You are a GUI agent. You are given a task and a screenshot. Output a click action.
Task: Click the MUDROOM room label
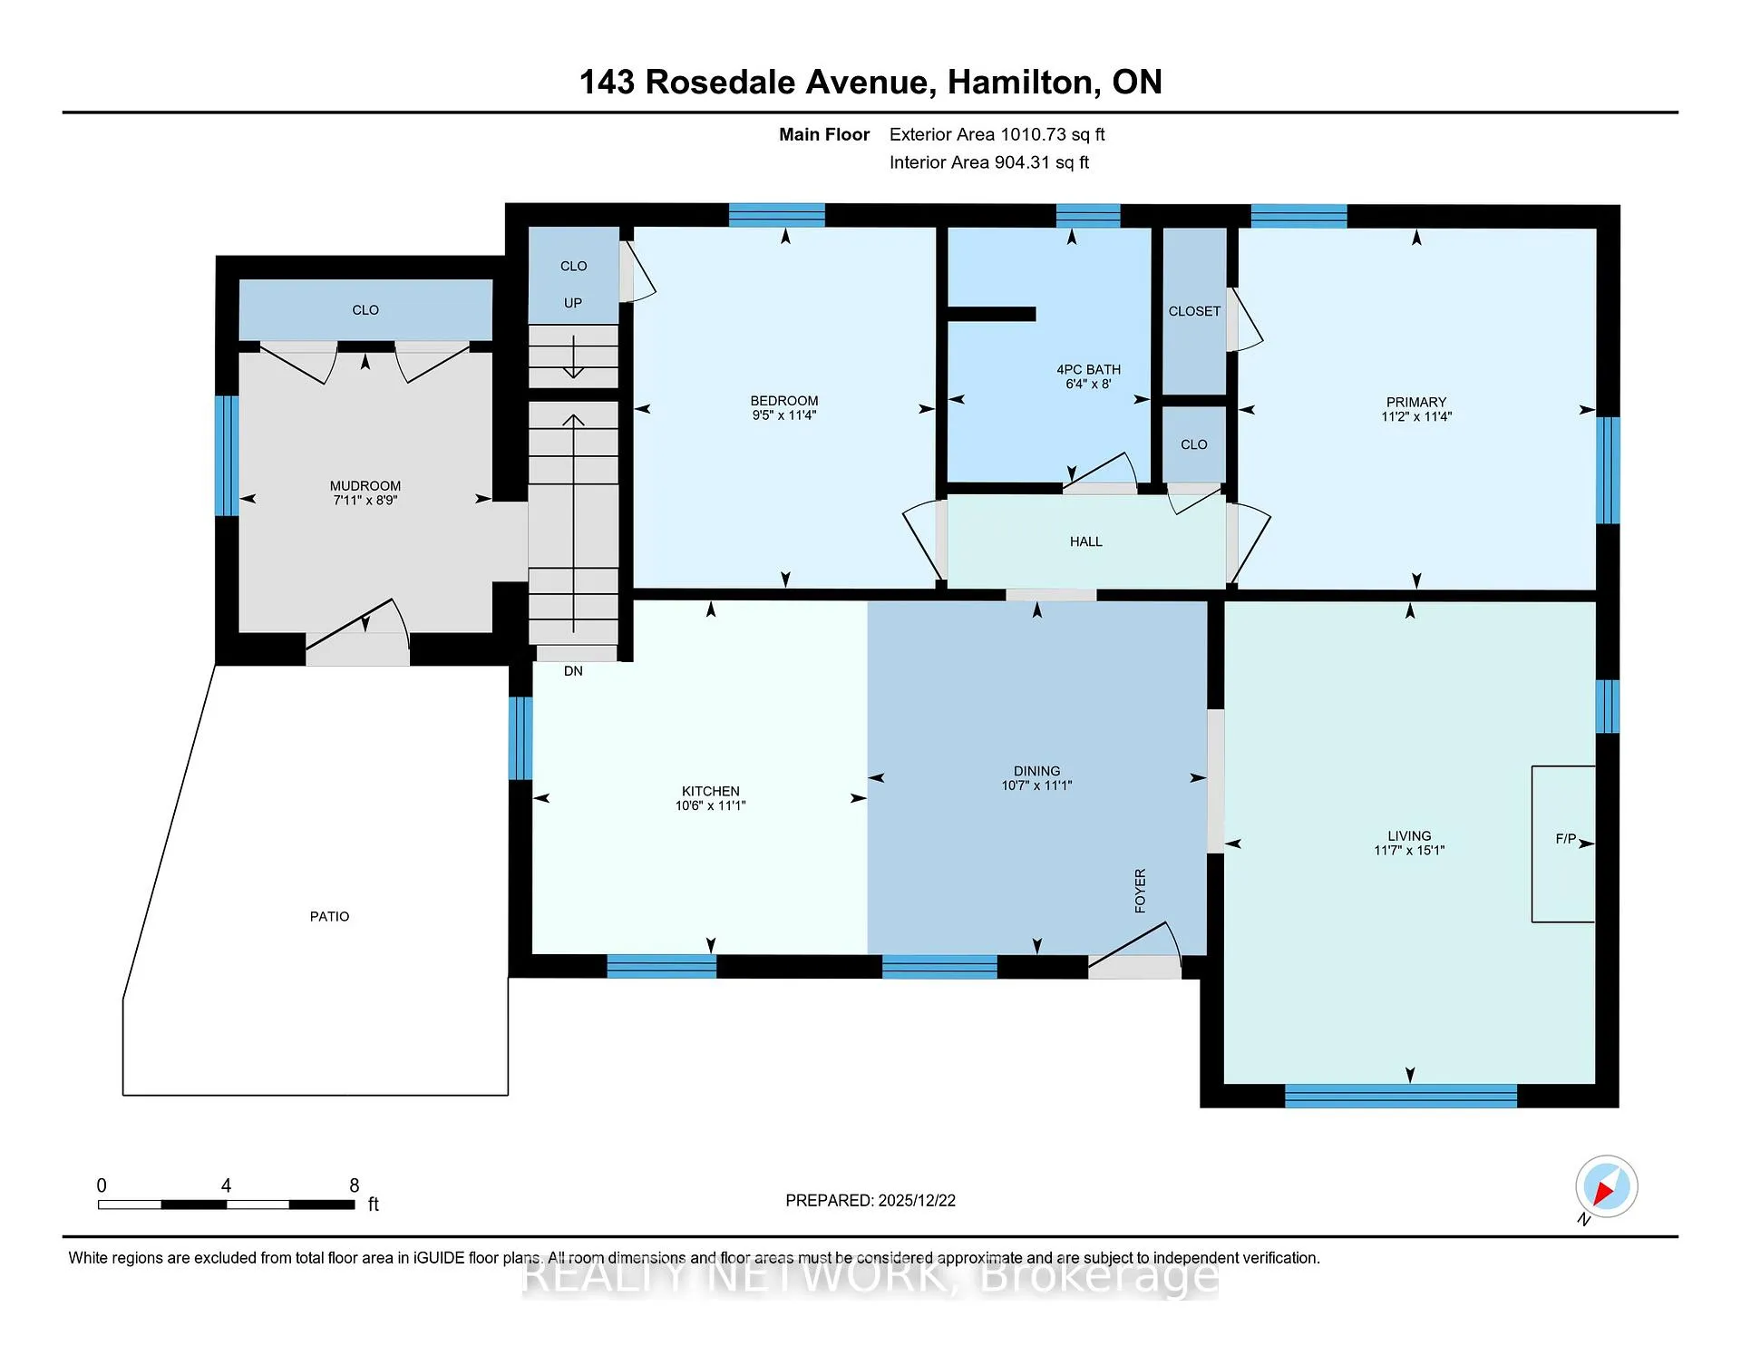click(365, 486)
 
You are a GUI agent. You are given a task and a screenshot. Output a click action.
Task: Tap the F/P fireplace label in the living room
click(1566, 839)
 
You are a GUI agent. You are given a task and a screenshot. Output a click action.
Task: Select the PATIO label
click(329, 917)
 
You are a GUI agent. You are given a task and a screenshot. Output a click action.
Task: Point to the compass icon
click(1606, 1186)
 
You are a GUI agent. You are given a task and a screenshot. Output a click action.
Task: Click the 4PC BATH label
click(1088, 370)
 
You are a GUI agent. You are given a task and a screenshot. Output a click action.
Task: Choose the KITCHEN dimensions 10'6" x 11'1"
click(710, 805)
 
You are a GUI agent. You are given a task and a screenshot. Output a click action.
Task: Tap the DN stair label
click(573, 671)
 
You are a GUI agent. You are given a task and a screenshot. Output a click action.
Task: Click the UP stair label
click(573, 303)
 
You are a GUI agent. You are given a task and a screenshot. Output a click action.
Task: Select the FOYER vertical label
click(1141, 891)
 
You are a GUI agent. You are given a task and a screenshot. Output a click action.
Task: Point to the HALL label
click(1086, 541)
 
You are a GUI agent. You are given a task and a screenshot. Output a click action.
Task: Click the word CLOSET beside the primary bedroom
click(1194, 311)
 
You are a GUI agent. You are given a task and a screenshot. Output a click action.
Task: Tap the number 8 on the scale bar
click(355, 1185)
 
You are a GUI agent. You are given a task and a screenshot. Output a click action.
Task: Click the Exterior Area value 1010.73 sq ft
click(1053, 135)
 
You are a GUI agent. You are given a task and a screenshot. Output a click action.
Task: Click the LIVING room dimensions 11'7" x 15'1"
click(1409, 851)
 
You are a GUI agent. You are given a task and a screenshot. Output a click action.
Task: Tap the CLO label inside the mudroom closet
click(365, 310)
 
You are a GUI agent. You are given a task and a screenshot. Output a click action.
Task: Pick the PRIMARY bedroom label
click(1416, 403)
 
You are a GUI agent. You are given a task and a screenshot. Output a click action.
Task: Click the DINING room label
click(1037, 771)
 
